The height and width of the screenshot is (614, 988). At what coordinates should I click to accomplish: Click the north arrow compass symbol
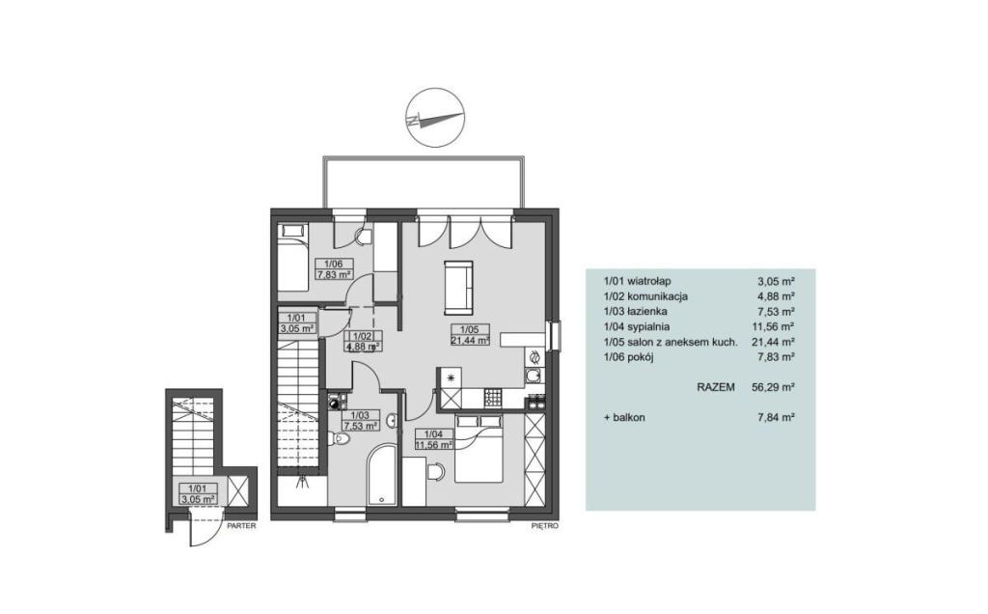click(x=435, y=118)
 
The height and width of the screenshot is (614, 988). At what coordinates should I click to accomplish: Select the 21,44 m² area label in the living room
click(x=470, y=341)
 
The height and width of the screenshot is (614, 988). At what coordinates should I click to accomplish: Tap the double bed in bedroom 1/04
click(x=479, y=447)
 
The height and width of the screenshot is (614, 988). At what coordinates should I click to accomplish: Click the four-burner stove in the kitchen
click(x=492, y=397)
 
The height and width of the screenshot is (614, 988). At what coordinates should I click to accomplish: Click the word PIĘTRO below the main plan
click(x=545, y=525)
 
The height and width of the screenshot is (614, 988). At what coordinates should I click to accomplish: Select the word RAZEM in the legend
click(x=715, y=387)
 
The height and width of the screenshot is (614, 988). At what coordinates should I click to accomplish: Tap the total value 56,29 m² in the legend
click(x=773, y=387)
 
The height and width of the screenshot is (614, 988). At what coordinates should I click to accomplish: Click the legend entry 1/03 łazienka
click(x=635, y=312)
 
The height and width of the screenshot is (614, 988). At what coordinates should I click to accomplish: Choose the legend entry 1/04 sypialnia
click(x=637, y=326)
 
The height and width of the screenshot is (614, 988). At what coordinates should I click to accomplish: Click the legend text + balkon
click(x=624, y=417)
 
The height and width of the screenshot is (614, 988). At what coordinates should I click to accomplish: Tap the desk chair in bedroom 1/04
click(x=435, y=471)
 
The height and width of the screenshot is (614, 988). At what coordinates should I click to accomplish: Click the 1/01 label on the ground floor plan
click(x=189, y=488)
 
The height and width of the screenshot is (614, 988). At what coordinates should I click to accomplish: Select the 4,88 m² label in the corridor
click(x=364, y=346)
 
